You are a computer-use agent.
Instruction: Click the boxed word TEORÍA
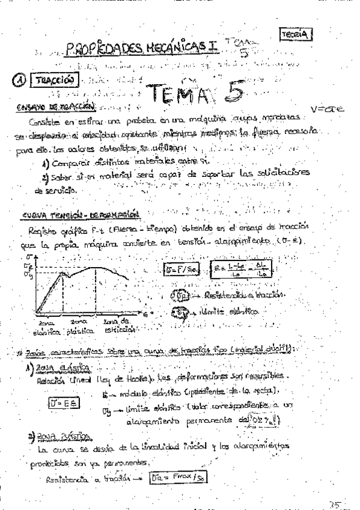tap(296, 35)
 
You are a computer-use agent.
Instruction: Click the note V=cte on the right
tap(327, 109)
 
